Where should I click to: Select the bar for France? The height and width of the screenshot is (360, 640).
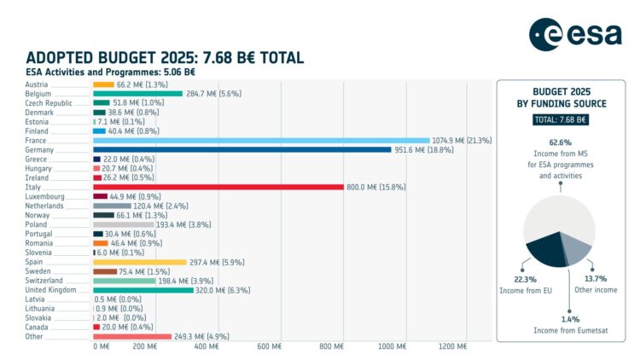(x=261, y=140)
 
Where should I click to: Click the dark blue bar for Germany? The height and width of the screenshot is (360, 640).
(x=242, y=149)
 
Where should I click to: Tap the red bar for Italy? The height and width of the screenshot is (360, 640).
(x=218, y=187)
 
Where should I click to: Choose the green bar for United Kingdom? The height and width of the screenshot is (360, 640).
(x=143, y=290)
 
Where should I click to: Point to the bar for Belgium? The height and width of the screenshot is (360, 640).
(x=137, y=94)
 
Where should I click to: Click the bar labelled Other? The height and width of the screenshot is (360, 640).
(x=131, y=336)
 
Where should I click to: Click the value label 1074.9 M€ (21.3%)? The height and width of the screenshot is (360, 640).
(x=462, y=140)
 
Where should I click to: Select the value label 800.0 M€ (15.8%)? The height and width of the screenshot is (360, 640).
(x=375, y=187)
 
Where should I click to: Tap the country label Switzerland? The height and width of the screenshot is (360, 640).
(x=44, y=281)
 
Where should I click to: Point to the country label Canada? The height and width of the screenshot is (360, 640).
(x=38, y=327)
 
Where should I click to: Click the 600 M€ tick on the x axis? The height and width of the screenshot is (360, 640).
(x=269, y=346)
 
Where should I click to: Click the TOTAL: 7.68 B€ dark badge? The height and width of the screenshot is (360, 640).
(x=561, y=119)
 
